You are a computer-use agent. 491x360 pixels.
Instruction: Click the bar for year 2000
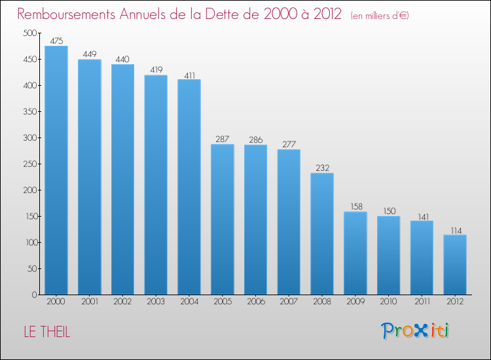pyautogui.click(x=56, y=170)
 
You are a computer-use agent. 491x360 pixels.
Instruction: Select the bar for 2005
pyautogui.click(x=223, y=219)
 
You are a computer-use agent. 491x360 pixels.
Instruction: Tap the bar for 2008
pyautogui.click(x=322, y=234)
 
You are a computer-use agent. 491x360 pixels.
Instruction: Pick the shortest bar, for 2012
pyautogui.click(x=455, y=264)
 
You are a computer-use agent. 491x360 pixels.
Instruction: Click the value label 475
pyautogui.click(x=56, y=41)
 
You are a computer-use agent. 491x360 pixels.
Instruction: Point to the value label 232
pyautogui.click(x=322, y=168)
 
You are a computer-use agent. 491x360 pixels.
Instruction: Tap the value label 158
pyautogui.click(x=355, y=206)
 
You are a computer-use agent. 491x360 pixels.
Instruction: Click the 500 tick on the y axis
pyautogui.click(x=29, y=33)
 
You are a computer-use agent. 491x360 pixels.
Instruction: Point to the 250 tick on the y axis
pyautogui.click(x=29, y=164)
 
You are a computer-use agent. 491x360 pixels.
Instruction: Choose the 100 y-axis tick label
pyautogui.click(x=29, y=243)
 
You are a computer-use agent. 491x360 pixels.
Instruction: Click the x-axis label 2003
pyautogui.click(x=156, y=302)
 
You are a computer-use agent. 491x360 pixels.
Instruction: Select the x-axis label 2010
pyautogui.click(x=389, y=302)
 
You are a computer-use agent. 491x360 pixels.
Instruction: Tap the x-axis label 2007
pyautogui.click(x=289, y=302)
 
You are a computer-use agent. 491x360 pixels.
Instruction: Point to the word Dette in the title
pyautogui.click(x=226, y=14)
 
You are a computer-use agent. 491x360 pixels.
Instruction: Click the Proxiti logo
pyautogui.click(x=416, y=331)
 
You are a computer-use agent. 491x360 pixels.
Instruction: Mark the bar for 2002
pyautogui.click(x=122, y=179)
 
